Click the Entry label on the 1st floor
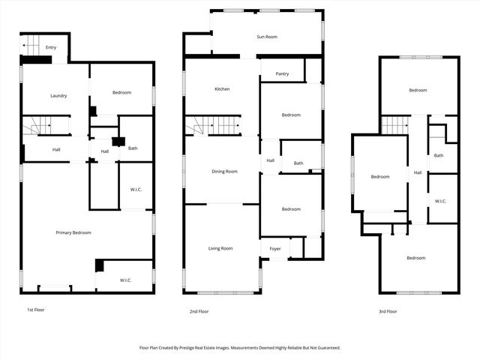[51, 48]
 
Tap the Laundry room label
[58, 96]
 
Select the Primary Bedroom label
[73, 232]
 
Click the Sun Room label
[267, 37]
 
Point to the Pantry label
[282, 73]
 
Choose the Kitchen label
[222, 89]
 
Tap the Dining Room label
[224, 172]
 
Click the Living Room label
[220, 248]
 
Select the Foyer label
[275, 248]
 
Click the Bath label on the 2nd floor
[298, 163]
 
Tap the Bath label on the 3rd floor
[439, 156]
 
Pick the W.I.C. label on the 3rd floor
[440, 201]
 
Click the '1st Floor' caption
[36, 310]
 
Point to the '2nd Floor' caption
[199, 311]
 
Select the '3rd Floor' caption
[387, 311]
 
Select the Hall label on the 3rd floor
[418, 173]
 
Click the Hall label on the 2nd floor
[270, 160]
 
